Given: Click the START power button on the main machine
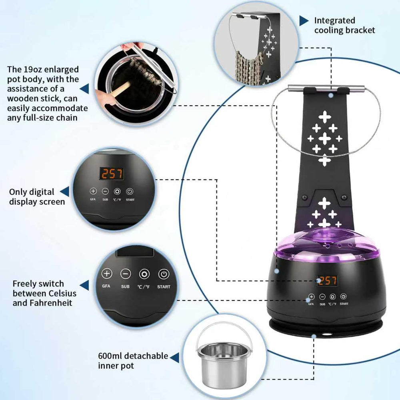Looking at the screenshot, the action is click(343, 296).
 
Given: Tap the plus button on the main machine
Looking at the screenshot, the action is click(311, 297).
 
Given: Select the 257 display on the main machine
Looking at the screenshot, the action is click(327, 281).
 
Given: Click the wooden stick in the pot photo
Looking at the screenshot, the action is click(120, 88).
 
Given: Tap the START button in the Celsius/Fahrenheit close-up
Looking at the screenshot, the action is click(164, 274).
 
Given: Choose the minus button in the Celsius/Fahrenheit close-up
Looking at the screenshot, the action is click(126, 274).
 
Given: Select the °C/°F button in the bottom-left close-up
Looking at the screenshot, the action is click(144, 274).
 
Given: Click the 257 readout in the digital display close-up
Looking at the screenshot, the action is click(111, 174).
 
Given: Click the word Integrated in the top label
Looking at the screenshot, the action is click(334, 20).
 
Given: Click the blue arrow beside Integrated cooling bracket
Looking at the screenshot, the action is click(304, 21).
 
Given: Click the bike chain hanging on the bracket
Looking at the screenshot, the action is click(249, 67).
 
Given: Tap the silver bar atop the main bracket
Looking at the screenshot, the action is click(326, 88).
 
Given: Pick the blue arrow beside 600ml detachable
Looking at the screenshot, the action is click(175, 358).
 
